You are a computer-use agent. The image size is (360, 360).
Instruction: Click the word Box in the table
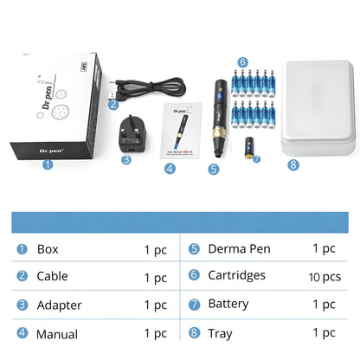pos(48,249)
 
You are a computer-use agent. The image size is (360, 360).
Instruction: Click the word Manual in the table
pos(57,333)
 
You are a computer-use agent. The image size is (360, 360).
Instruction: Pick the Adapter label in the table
pos(60,305)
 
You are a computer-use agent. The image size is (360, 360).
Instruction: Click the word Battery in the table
pos(228,305)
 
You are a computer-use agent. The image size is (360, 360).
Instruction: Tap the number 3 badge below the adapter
pos(126,159)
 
